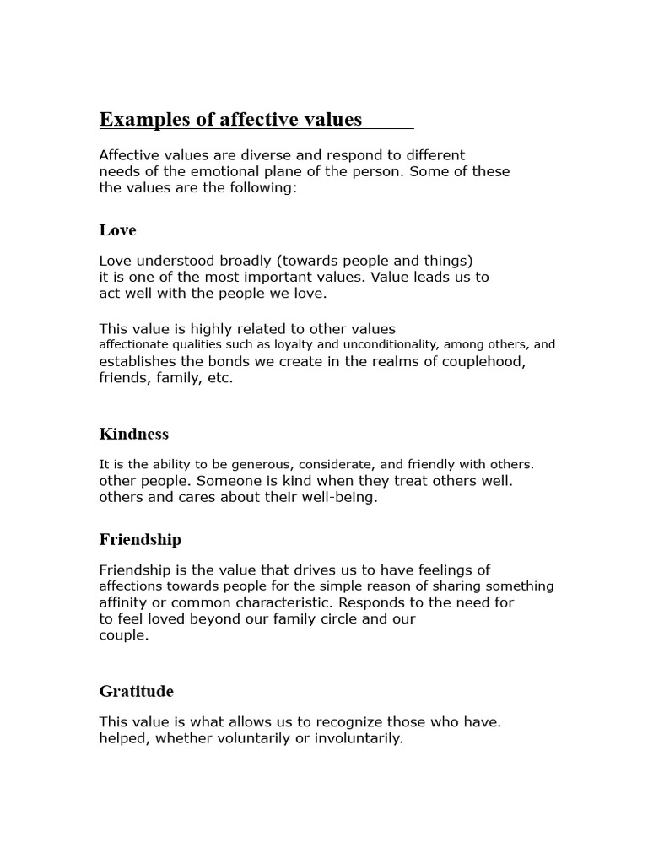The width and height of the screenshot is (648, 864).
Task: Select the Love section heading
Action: click(x=117, y=230)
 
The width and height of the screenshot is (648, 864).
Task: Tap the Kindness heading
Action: click(x=134, y=435)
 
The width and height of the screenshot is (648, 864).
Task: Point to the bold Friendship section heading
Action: click(x=140, y=540)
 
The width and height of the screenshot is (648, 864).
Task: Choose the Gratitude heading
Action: click(x=136, y=692)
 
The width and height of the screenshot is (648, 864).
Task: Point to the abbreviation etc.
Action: click(x=219, y=379)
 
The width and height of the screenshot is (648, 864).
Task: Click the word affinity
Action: click(x=123, y=603)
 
